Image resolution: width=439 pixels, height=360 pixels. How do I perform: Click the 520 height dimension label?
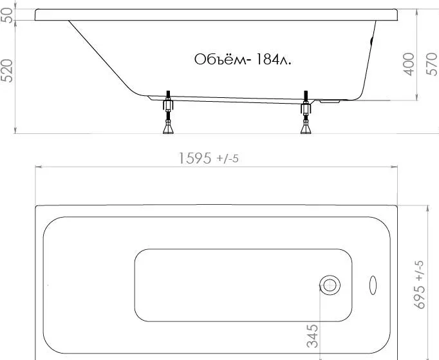(6, 71)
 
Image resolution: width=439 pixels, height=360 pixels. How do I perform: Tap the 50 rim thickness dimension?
(6, 15)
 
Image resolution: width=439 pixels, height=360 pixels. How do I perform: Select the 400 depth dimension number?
(409, 64)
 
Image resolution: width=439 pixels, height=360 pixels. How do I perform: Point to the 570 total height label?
(431, 64)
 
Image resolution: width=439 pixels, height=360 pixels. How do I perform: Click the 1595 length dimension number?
(194, 158)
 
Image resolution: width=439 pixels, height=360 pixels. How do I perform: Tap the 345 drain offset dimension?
(312, 336)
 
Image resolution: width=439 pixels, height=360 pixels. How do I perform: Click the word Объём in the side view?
(218, 59)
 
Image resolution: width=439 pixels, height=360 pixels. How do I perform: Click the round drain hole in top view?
(330, 285)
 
